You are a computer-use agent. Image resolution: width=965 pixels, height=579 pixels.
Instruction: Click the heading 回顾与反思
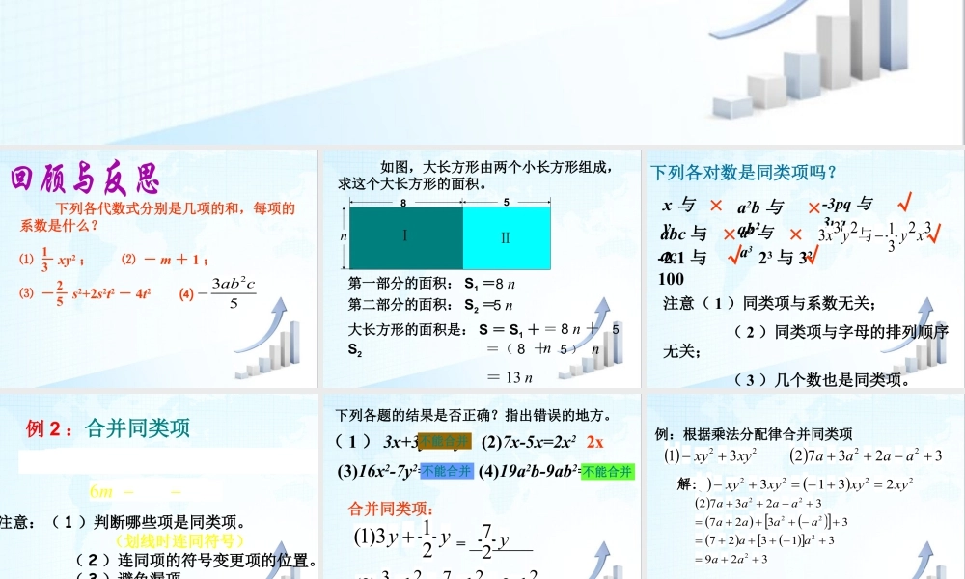click(x=84, y=179)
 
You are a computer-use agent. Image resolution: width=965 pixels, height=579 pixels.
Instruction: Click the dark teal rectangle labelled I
click(x=405, y=237)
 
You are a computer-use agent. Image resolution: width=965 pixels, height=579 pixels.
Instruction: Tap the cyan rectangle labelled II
click(x=505, y=237)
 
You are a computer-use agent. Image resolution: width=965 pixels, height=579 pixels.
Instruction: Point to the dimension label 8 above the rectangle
click(x=403, y=204)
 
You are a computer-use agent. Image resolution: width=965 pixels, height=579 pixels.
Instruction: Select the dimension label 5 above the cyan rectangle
click(x=507, y=204)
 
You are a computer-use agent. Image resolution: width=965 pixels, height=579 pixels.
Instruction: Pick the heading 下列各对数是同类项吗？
click(x=743, y=173)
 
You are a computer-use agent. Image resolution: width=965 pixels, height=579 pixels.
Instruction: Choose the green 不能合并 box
click(x=608, y=471)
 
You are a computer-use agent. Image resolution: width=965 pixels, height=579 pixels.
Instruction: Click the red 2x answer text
click(x=594, y=442)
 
